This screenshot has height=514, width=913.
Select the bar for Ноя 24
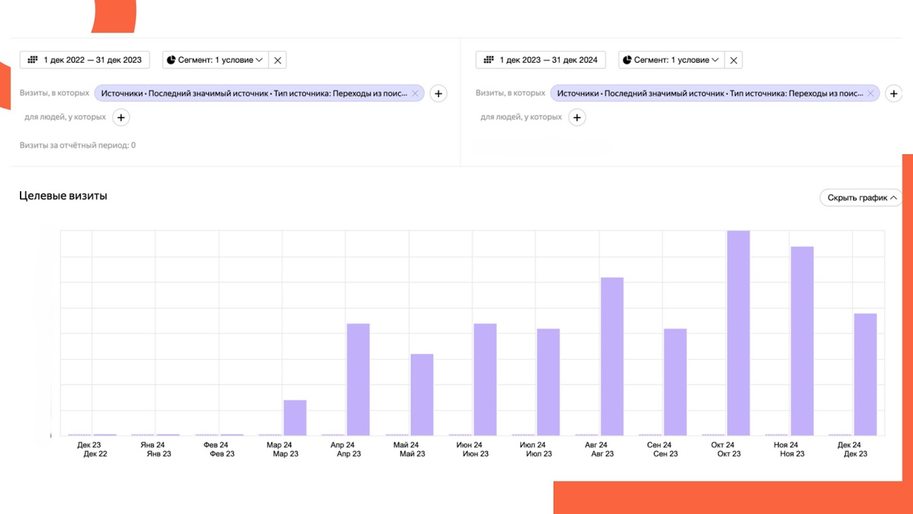[x=802, y=341]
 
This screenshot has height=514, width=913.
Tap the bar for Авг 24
[x=612, y=356]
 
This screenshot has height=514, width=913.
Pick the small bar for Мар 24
[x=295, y=417]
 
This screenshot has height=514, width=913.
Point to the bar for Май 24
[x=422, y=395]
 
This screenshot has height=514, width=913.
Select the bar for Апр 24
[x=358, y=379]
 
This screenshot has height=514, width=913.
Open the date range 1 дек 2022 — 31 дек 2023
[x=85, y=60]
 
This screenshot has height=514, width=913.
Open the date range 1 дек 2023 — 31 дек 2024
[x=540, y=60]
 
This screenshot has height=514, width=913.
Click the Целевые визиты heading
[x=63, y=196]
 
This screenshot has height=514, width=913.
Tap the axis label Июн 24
[x=469, y=445]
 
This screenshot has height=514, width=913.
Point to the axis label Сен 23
[x=665, y=454]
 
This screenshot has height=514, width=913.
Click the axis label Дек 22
[x=95, y=454]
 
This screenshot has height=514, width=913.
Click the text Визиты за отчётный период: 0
[x=78, y=145]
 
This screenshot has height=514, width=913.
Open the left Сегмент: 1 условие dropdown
[x=215, y=60]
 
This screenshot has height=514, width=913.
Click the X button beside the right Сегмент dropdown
[x=734, y=60]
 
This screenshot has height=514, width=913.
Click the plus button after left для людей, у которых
[x=121, y=117]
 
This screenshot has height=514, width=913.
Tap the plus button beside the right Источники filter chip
[x=894, y=93]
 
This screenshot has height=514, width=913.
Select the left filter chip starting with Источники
[x=254, y=93]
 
